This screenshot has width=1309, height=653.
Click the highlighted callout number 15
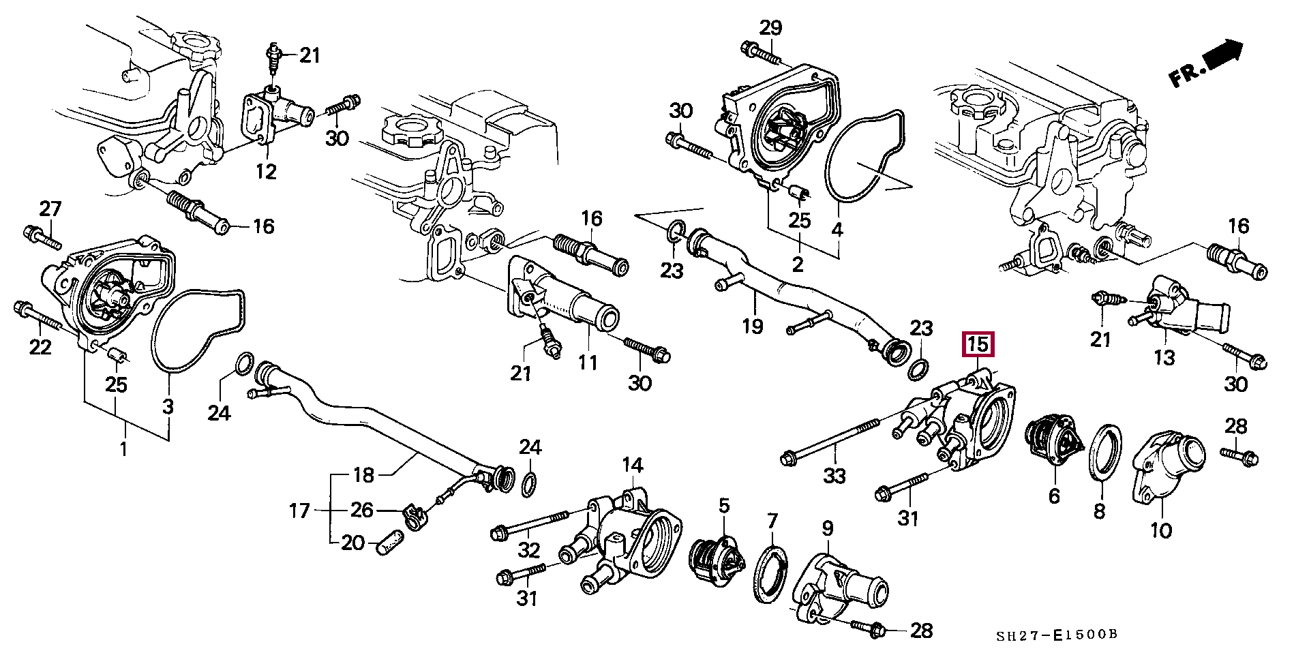[x=978, y=345]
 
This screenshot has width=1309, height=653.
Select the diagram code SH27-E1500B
[x=1057, y=635]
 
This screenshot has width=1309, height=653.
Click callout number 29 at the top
[x=770, y=28]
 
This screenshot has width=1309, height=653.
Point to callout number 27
[x=50, y=209]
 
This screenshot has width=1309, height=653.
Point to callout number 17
[x=299, y=511]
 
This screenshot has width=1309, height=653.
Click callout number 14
[x=632, y=466]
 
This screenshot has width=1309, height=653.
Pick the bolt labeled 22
[x=37, y=320]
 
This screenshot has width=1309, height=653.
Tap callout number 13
[x=1164, y=356]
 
